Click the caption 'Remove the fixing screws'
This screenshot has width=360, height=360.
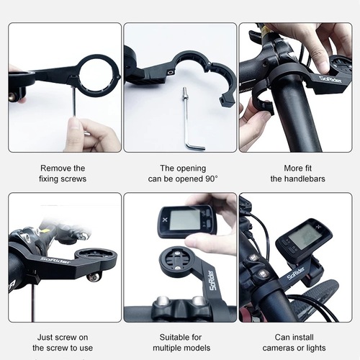(x=64, y=174)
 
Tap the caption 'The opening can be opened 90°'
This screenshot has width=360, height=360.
(x=179, y=174)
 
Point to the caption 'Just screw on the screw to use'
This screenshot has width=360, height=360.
(x=64, y=342)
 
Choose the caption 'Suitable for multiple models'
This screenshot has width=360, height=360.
(x=179, y=342)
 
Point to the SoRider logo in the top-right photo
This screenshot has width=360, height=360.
(x=331, y=77)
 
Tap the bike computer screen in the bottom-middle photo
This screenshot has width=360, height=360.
(x=184, y=219)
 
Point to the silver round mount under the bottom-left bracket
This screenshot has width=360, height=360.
(x=92, y=276)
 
